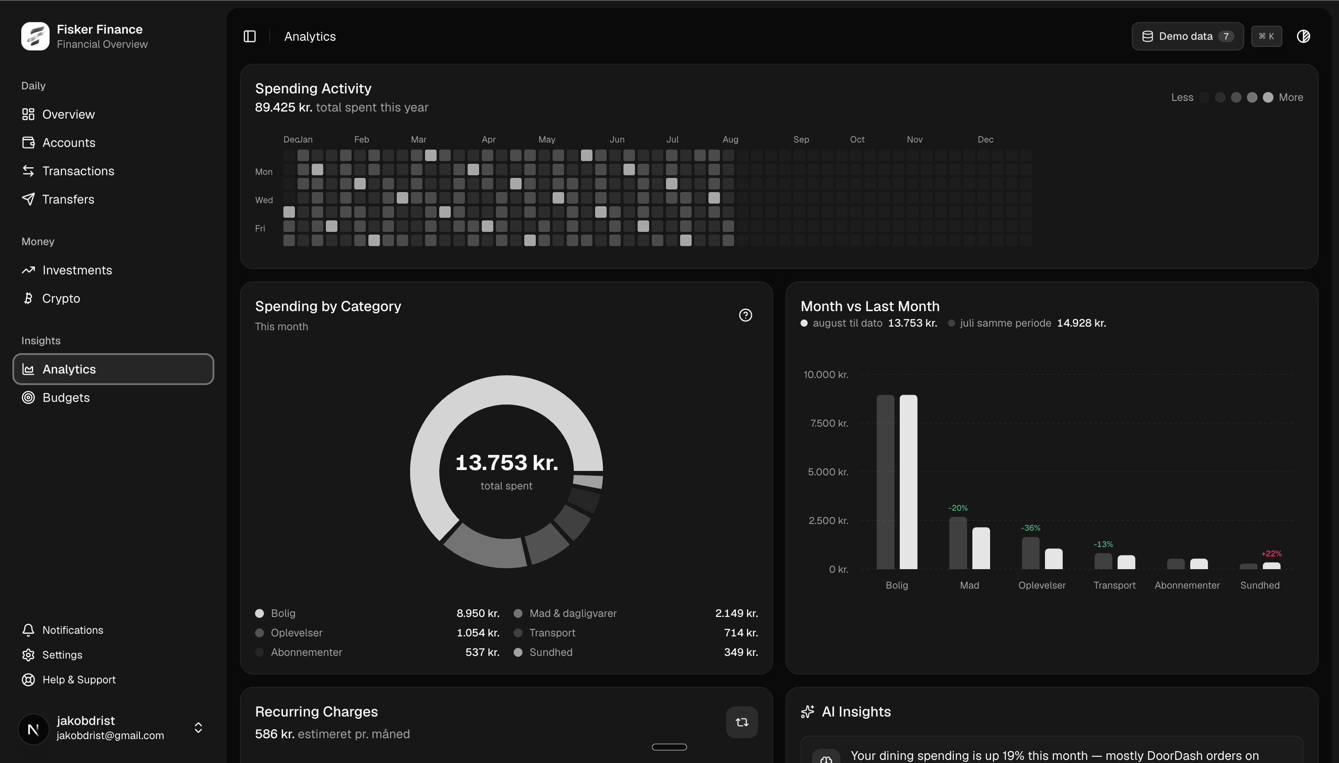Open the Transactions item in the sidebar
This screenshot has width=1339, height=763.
click(78, 171)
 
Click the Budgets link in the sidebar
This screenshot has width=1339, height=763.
click(66, 397)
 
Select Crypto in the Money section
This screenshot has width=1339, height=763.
click(61, 298)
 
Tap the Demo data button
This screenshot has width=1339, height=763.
click(1188, 36)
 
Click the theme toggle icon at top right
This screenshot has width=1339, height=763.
click(1303, 36)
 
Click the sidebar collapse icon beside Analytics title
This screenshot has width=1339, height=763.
click(250, 36)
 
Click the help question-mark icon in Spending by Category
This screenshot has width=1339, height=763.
click(745, 315)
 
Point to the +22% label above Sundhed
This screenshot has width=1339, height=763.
click(1271, 553)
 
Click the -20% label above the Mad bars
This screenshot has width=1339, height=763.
click(958, 508)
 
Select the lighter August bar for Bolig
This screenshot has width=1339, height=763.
click(909, 482)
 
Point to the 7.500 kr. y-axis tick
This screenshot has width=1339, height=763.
click(829, 423)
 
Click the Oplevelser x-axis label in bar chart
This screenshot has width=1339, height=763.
click(1042, 585)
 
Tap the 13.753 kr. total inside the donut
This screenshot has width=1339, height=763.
click(507, 462)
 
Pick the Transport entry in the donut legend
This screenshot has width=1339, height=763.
click(552, 632)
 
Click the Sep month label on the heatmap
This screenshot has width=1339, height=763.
click(801, 139)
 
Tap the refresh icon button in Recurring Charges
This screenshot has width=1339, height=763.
click(741, 722)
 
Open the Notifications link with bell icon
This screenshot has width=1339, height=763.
click(72, 630)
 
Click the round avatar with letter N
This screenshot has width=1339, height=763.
click(34, 729)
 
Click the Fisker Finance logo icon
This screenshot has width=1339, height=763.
click(35, 36)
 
